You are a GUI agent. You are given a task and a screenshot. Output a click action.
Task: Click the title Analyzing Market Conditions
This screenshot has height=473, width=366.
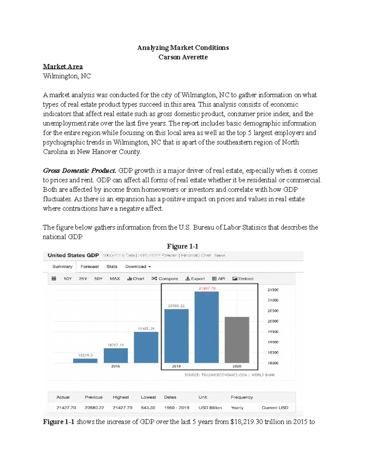point(183,48)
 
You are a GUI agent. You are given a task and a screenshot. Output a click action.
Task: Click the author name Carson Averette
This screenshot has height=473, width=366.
point(183,57)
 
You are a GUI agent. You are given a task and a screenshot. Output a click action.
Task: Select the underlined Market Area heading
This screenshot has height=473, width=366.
point(63,66)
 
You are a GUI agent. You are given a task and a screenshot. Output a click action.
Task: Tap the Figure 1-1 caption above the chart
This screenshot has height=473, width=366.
point(182,246)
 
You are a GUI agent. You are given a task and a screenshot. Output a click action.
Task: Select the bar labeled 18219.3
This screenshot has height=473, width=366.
point(85,361)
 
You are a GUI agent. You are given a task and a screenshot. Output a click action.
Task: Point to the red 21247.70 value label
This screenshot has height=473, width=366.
point(207,288)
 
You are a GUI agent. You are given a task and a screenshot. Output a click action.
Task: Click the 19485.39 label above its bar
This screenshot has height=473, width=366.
point(146,329)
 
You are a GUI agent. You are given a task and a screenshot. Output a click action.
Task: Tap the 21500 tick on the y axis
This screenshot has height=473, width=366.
point(273,290)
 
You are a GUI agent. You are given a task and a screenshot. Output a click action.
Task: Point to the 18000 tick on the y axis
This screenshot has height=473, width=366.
point(273,363)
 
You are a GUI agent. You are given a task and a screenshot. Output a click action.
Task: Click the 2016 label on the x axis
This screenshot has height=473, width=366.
point(116,366)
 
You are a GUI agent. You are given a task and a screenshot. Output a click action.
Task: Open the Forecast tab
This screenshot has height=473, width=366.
point(89,267)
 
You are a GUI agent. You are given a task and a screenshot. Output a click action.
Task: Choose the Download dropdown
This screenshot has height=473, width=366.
point(138,267)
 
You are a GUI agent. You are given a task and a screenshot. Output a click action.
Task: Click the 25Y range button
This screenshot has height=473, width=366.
point(83,279)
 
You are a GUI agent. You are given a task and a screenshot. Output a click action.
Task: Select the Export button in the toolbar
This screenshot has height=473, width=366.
point(195,279)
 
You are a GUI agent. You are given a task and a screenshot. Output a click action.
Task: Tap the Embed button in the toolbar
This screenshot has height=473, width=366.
point(243,279)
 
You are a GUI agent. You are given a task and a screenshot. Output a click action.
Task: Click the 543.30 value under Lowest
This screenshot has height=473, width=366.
point(148,408)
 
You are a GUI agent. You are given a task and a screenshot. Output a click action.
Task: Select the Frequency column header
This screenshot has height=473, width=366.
point(242,397)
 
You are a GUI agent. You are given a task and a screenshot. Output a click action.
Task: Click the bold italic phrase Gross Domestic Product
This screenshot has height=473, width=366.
point(79,171)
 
